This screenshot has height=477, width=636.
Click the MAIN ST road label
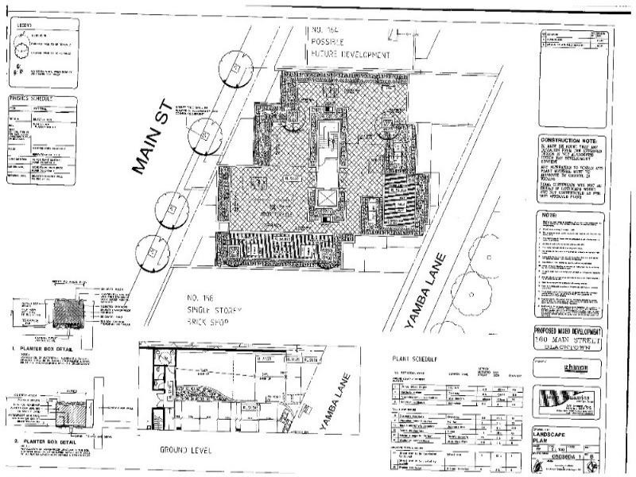150,156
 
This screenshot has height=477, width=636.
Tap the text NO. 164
328,32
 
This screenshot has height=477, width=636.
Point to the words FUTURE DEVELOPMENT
351,56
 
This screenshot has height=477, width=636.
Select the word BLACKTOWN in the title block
573,350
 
